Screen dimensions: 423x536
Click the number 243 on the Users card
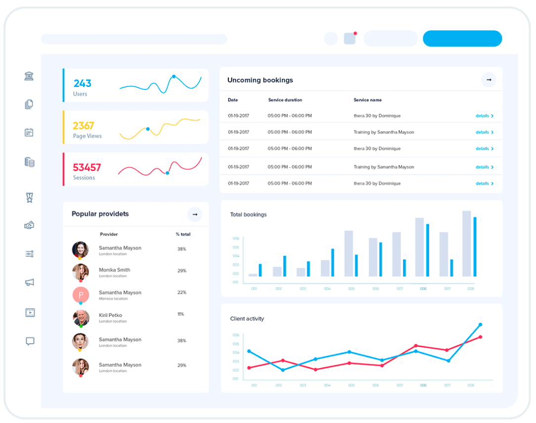click(x=83, y=84)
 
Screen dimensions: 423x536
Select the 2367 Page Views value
click(x=83, y=126)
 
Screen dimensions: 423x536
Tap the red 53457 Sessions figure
click(x=87, y=168)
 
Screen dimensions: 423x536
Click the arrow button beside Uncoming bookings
click(x=489, y=80)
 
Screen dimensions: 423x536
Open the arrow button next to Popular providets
click(x=195, y=214)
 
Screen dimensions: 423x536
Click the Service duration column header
click(x=285, y=100)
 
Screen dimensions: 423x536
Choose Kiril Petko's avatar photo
click(x=80, y=317)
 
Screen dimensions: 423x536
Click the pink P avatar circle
click(x=81, y=295)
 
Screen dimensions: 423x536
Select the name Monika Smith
click(x=114, y=270)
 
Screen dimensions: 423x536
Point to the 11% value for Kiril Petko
click(x=180, y=314)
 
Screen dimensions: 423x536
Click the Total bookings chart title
click(x=248, y=214)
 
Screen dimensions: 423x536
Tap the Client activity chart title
click(x=247, y=319)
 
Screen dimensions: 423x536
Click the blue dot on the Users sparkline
click(x=174, y=77)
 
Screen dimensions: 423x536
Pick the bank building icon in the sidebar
click(x=29, y=76)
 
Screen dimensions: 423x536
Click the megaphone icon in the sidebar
click(x=30, y=283)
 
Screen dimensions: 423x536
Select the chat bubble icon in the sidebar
click(x=30, y=341)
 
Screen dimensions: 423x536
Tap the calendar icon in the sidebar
click(x=29, y=132)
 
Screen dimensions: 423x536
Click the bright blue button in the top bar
click(x=462, y=39)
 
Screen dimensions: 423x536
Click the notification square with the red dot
click(x=350, y=39)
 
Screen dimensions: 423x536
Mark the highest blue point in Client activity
click(x=480, y=325)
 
